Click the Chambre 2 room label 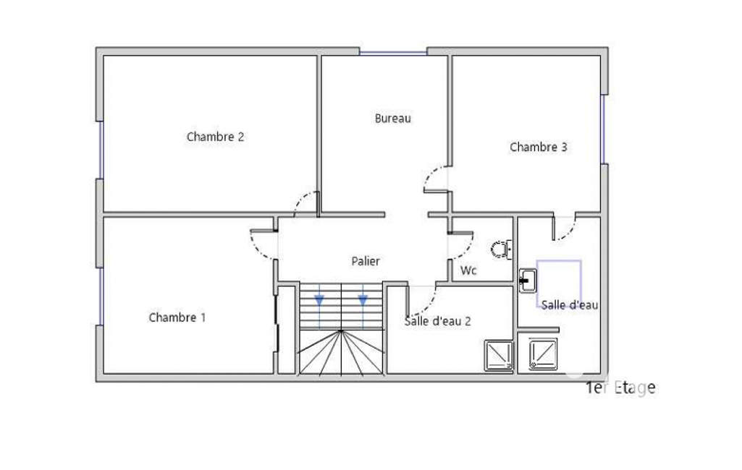(215, 137)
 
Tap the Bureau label (393, 118)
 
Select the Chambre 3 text (539, 147)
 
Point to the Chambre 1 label (177, 317)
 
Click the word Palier (366, 261)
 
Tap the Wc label (468, 270)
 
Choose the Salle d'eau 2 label (438, 321)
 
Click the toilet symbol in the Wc (501, 249)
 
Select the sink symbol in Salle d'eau (528, 281)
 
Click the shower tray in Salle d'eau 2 (499, 355)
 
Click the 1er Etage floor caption (620, 388)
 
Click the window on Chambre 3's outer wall (603, 129)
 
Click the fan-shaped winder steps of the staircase (341, 352)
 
